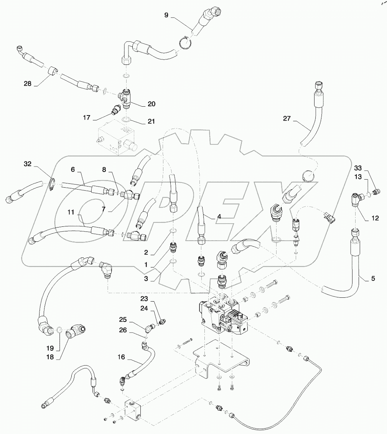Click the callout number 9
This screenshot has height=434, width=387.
click(x=166, y=15)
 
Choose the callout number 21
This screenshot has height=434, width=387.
click(x=151, y=121)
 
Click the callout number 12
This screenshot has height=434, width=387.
click(x=375, y=218)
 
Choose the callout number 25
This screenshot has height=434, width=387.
click(x=122, y=319)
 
